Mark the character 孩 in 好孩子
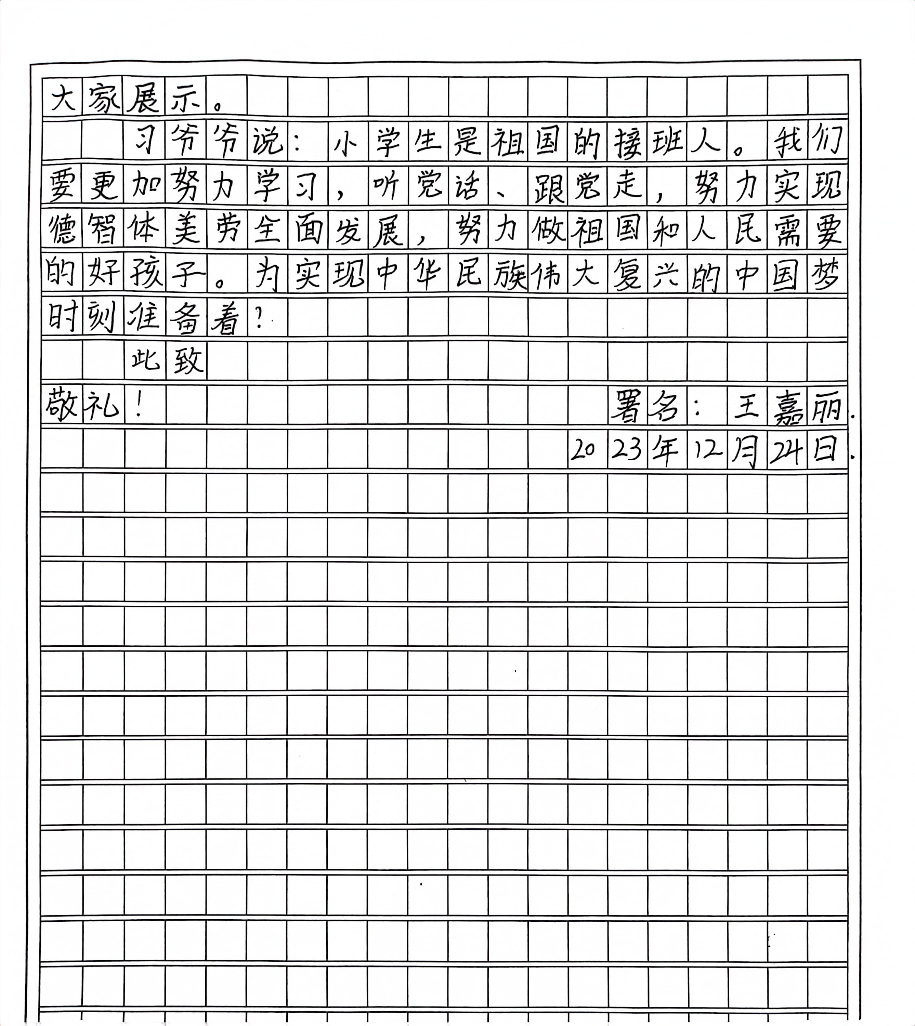(144, 274)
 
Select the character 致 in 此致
(186, 361)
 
